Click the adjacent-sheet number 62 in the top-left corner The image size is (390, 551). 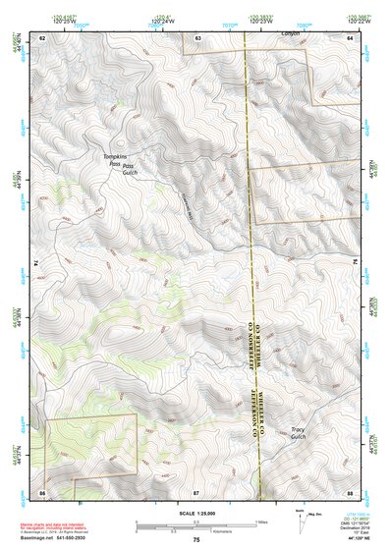[42, 36]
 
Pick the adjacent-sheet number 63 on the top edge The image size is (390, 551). [197, 36]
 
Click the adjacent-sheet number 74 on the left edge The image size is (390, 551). [36, 263]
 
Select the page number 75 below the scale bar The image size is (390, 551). [196, 540]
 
